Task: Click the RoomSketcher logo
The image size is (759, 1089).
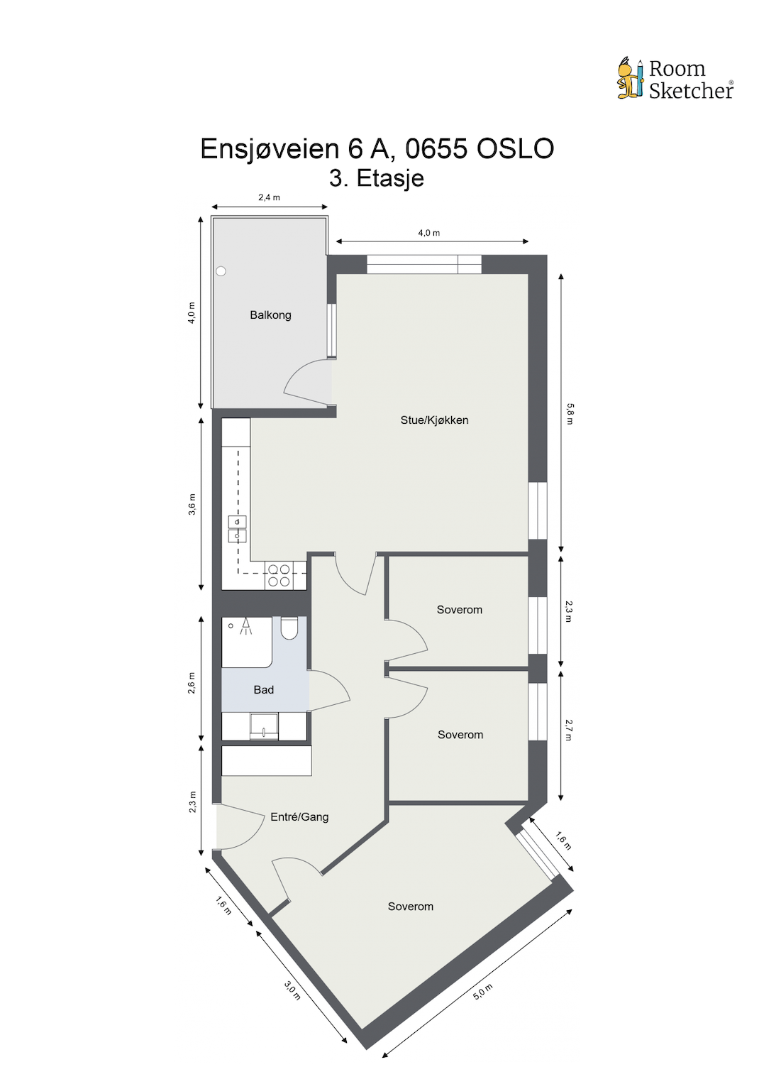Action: [675, 79]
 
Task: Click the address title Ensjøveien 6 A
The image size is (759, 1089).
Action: [377, 148]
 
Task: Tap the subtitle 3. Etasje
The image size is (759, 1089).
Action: [377, 177]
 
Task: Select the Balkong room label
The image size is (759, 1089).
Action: [270, 315]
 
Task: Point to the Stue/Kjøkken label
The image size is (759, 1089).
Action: [434, 420]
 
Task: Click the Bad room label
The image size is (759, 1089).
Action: [263, 690]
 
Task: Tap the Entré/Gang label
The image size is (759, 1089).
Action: [299, 817]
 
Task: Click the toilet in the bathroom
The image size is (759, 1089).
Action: [289, 628]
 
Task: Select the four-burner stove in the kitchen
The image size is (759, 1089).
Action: [278, 575]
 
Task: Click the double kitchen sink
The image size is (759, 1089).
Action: [237, 529]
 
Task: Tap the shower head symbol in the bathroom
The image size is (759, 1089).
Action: [245, 625]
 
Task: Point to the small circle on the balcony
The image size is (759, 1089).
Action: [221, 271]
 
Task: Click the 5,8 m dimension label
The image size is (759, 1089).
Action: [570, 413]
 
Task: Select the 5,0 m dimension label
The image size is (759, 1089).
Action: [482, 992]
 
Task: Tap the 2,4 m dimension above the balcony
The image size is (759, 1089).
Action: [269, 197]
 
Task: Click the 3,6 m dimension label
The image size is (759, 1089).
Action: [192, 504]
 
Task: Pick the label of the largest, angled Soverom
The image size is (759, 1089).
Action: [410, 907]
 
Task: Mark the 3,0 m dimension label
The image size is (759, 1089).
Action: [292, 990]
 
